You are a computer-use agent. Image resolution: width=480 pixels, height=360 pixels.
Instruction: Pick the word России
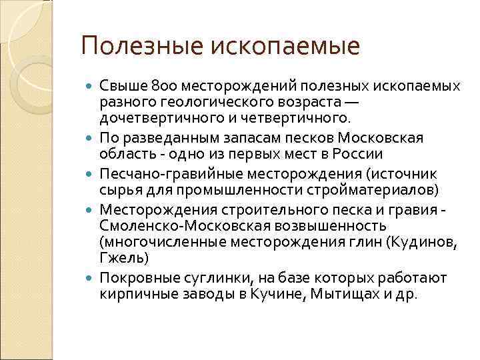(x=360, y=154)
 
